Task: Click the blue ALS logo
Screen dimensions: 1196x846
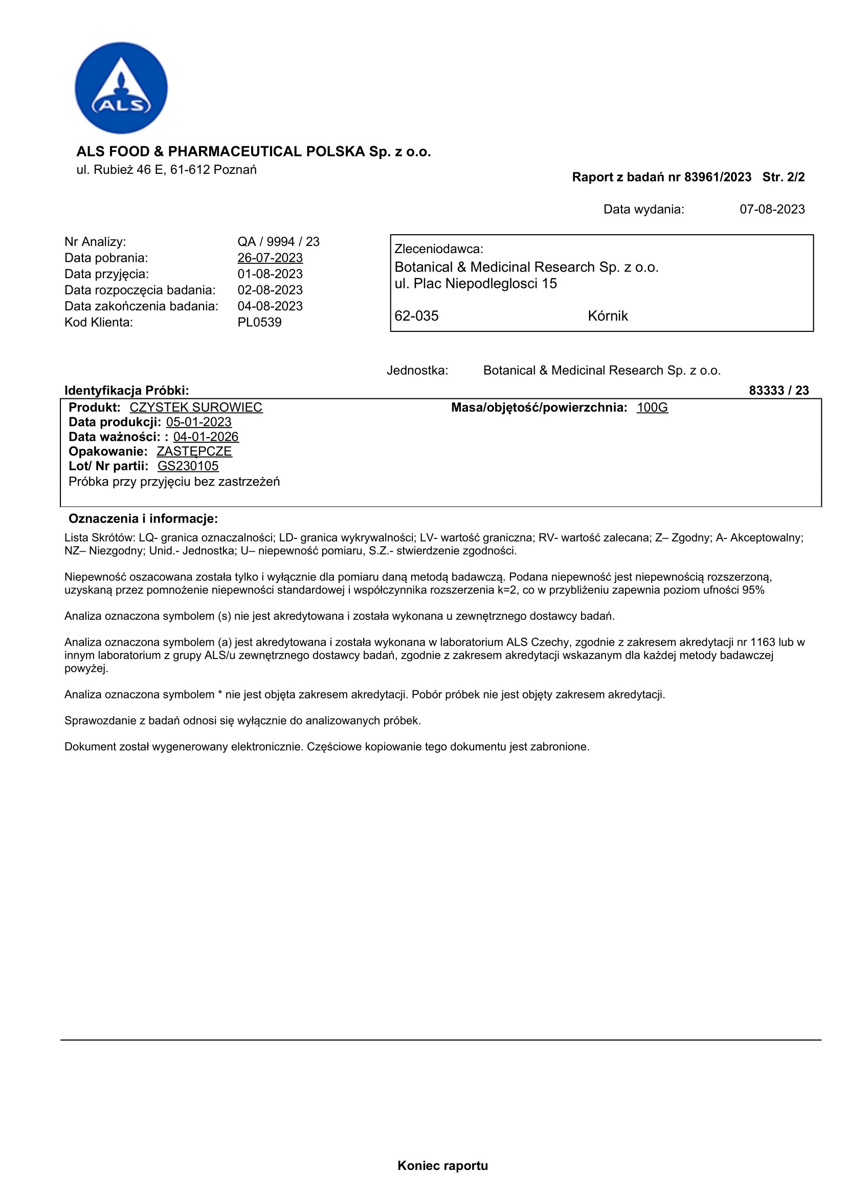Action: (121, 87)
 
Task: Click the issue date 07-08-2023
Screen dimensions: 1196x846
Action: (772, 210)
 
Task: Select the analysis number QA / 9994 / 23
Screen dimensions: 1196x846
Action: (278, 242)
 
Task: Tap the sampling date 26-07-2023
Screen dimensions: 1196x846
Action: (270, 258)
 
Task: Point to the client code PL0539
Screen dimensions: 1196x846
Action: (259, 323)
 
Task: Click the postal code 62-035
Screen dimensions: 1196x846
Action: (416, 316)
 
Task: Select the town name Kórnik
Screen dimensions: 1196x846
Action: (608, 316)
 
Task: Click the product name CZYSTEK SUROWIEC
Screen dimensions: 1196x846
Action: (196, 408)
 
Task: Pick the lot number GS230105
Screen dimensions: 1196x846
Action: (188, 466)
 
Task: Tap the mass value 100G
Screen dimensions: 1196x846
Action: (652, 408)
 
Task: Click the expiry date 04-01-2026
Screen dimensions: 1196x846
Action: (206, 437)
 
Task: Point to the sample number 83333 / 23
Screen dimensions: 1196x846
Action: (778, 391)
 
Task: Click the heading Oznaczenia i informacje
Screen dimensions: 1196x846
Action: (143, 519)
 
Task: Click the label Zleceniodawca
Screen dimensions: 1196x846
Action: (439, 249)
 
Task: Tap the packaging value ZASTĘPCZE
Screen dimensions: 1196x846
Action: (194, 451)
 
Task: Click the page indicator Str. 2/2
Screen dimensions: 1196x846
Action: (783, 177)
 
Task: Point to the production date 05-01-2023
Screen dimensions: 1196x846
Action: (199, 422)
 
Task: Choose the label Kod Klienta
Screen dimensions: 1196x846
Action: (98, 323)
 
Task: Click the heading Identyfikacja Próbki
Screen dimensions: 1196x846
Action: (126, 391)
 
